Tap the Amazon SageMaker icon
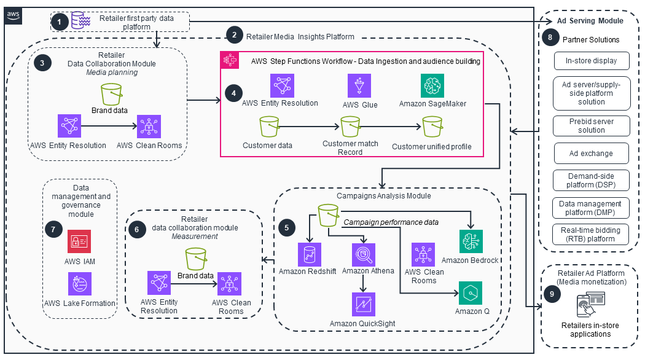click(x=432, y=86)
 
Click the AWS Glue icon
click(x=359, y=86)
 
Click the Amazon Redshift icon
click(x=310, y=254)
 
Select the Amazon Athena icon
click(x=364, y=254)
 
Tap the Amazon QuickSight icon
click(x=364, y=304)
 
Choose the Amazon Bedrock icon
click(x=471, y=241)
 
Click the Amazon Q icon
click(x=470, y=294)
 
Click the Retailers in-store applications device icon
click(x=590, y=305)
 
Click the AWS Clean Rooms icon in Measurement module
click(x=230, y=284)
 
